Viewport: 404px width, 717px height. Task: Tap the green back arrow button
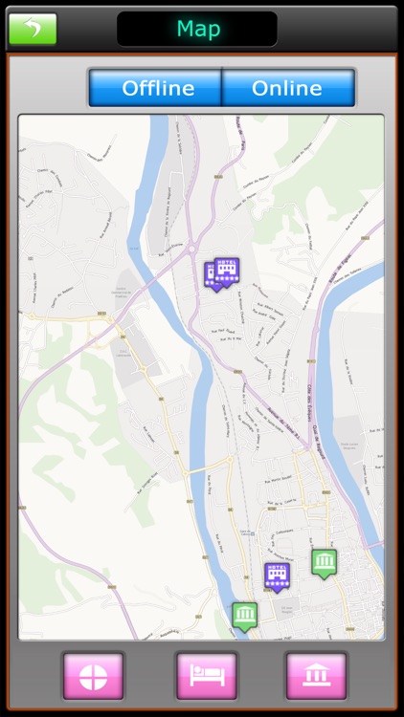[x=33, y=29]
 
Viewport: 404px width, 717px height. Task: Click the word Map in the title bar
[x=197, y=30]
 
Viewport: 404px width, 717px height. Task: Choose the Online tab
[x=287, y=88]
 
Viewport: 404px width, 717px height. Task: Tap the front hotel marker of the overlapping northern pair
[x=227, y=272]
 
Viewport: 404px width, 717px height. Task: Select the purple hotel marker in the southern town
[x=277, y=576]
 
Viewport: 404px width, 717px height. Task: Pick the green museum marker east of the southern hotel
[x=324, y=562]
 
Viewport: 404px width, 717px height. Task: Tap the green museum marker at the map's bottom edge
[x=244, y=614]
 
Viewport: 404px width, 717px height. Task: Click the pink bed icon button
[x=206, y=676]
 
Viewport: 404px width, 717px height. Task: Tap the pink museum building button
[x=316, y=676]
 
